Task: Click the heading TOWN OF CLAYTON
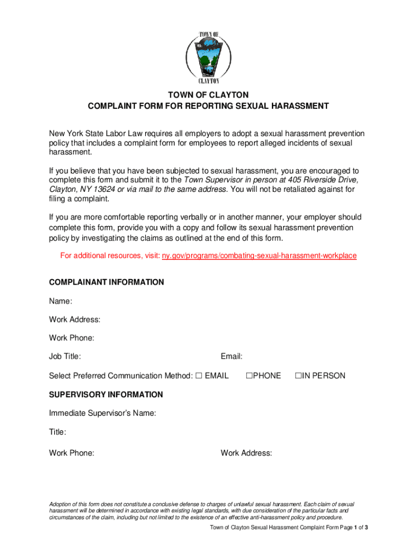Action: (x=208, y=95)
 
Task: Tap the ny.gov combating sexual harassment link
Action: (x=259, y=255)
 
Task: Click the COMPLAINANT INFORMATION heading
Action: (x=106, y=282)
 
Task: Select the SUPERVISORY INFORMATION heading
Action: (x=106, y=395)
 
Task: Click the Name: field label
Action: (x=61, y=301)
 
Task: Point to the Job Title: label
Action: (x=65, y=357)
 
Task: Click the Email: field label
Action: (x=231, y=357)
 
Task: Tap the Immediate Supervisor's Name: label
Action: (x=102, y=414)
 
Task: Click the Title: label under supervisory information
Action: (x=58, y=433)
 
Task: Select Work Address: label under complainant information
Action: (x=74, y=320)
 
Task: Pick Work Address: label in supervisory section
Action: (x=246, y=453)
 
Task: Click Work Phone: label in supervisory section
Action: (x=71, y=453)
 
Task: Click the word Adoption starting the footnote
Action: (x=61, y=505)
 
